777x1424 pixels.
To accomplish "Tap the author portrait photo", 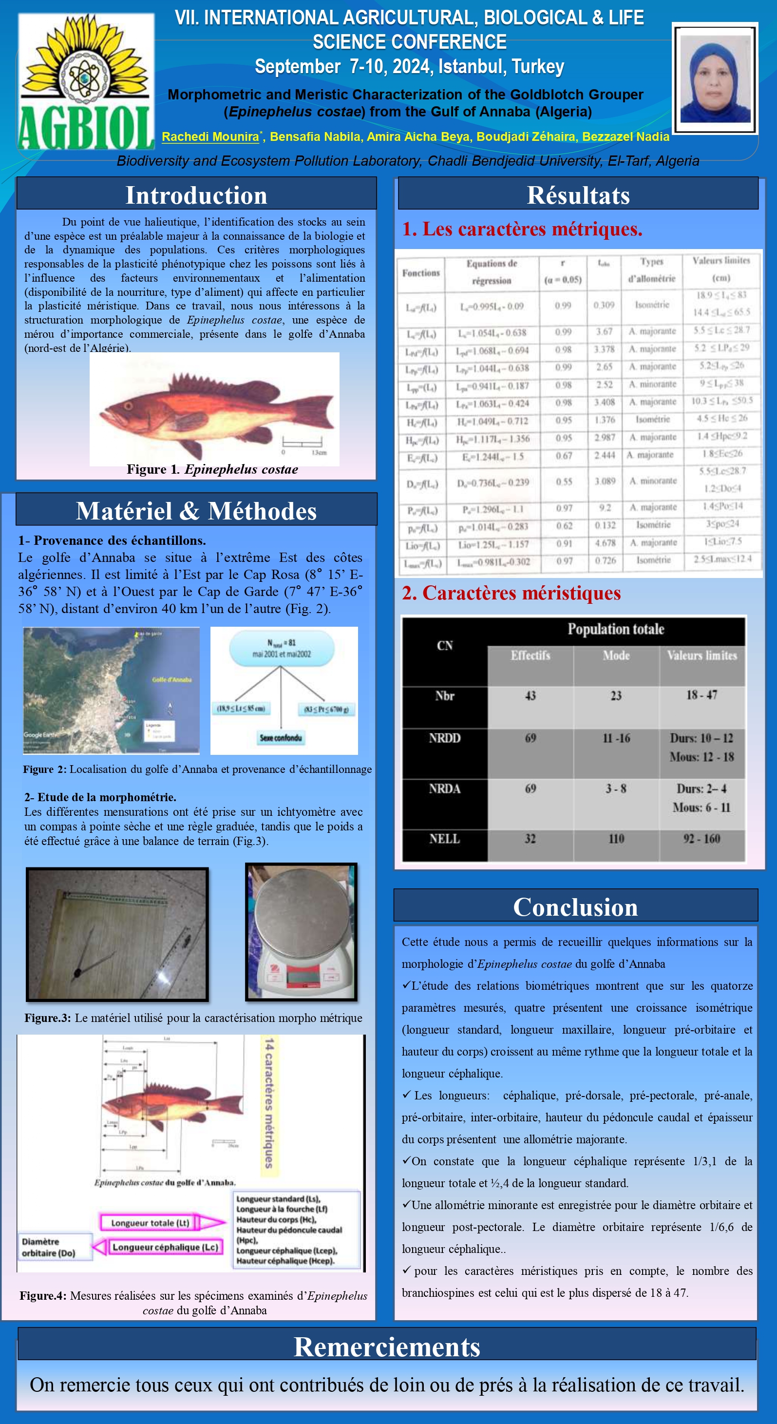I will tap(715, 78).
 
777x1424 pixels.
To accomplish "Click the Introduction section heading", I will tap(196, 194).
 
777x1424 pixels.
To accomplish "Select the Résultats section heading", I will tap(578, 194).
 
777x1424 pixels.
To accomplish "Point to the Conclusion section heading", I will tap(575, 906).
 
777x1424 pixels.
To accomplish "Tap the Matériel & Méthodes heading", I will tap(196, 510).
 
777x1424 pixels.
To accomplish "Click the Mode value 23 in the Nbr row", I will tap(616, 696).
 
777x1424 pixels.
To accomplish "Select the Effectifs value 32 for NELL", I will tap(530, 839).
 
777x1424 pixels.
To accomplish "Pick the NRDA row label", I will tap(444, 789).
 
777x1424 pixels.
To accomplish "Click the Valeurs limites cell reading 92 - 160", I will tap(701, 839).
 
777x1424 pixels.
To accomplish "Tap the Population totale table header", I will tap(616, 630).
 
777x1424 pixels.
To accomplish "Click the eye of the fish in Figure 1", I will tap(129, 406).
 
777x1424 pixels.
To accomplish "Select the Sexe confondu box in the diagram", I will tap(281, 738).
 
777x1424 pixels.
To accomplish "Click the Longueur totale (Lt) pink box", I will tap(151, 1222).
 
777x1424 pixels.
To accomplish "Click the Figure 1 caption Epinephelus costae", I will tap(212, 470).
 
